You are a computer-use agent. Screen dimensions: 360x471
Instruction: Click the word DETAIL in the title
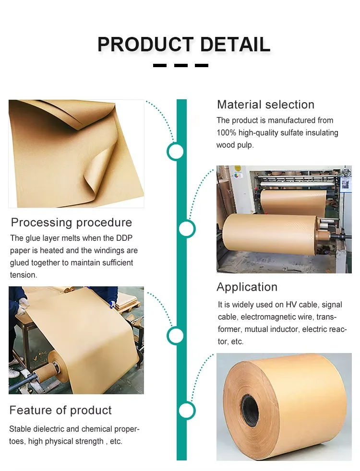coord(235,44)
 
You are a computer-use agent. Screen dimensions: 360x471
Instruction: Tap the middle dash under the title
coord(180,65)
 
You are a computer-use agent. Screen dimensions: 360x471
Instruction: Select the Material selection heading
coord(265,105)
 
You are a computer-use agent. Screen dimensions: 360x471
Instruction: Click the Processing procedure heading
coord(71,223)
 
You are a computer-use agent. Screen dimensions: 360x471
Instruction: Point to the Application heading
coord(247,287)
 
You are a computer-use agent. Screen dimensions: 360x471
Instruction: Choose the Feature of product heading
coord(60,410)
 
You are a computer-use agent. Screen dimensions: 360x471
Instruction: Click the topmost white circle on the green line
coord(176,152)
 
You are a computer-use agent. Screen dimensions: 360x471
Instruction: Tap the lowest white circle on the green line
coord(186,411)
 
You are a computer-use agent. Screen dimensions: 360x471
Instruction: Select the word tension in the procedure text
coord(23,275)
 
